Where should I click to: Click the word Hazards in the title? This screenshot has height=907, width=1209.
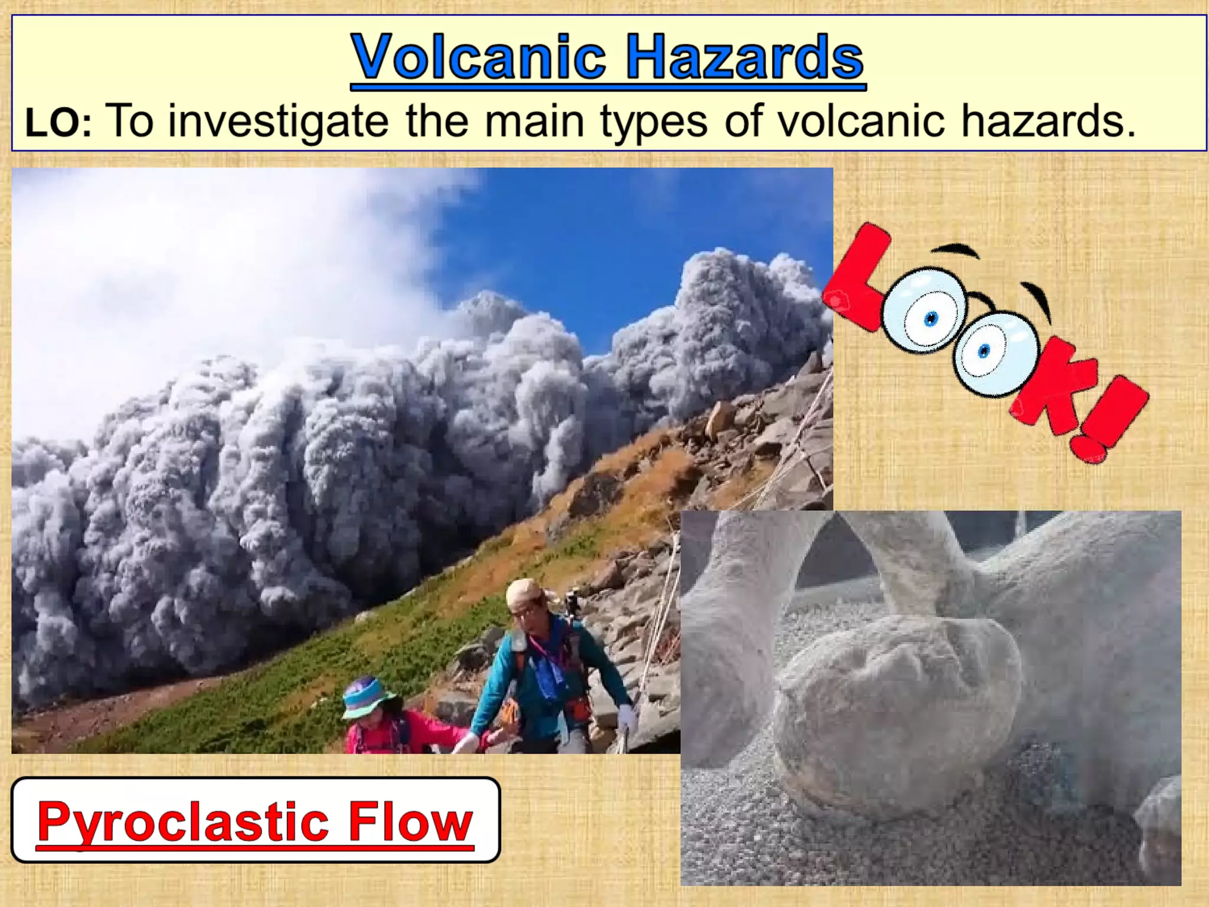pyautogui.click(x=744, y=57)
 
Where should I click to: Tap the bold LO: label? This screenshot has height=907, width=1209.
pyautogui.click(x=58, y=124)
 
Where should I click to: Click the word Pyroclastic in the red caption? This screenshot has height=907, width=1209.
pyautogui.click(x=183, y=822)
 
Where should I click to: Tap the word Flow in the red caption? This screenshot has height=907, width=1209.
pyautogui.click(x=410, y=822)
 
